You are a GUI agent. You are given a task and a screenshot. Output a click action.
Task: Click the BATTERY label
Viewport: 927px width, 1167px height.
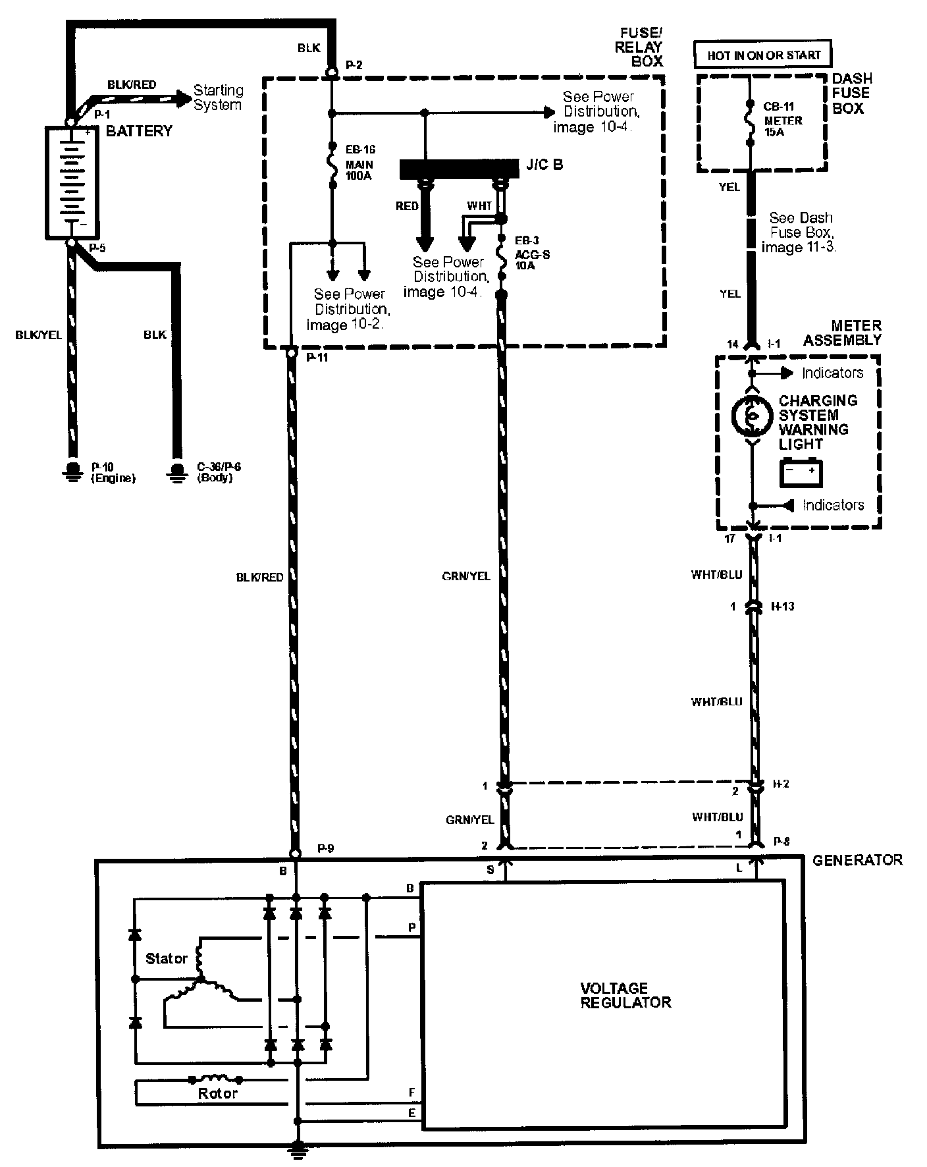pyautogui.click(x=139, y=131)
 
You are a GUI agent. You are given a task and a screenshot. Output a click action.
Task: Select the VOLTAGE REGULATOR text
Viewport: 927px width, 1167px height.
pyautogui.click(x=625, y=995)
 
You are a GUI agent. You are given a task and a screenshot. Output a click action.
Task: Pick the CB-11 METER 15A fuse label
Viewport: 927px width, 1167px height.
pyautogui.click(x=783, y=121)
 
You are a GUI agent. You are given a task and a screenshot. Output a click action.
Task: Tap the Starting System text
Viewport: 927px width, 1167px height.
pyautogui.click(x=218, y=97)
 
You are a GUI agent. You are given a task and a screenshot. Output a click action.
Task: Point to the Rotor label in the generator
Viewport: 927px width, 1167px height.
pyautogui.click(x=217, y=1093)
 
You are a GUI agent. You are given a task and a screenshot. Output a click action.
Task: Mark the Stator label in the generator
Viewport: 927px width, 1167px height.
pyautogui.click(x=167, y=958)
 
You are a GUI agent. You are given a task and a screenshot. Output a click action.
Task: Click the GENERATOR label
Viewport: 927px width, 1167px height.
pyautogui.click(x=857, y=860)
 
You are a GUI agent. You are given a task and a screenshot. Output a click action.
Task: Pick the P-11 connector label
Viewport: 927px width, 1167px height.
pyautogui.click(x=317, y=357)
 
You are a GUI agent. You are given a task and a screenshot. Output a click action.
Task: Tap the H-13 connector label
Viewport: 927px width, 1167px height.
pyautogui.click(x=782, y=606)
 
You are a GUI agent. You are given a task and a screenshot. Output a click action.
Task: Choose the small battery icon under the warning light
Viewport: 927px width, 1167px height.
pyautogui.click(x=801, y=472)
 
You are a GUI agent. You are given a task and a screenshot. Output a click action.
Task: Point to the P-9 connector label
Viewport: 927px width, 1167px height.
pyautogui.click(x=325, y=848)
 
